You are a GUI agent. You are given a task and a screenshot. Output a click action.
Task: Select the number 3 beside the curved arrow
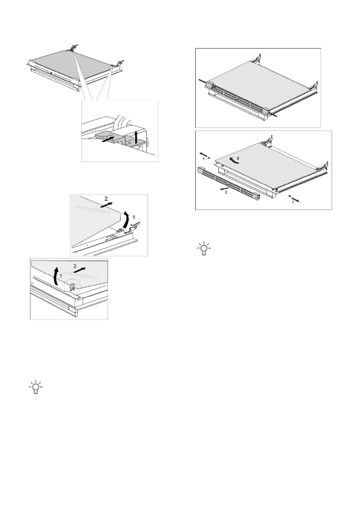tap(240, 158)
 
